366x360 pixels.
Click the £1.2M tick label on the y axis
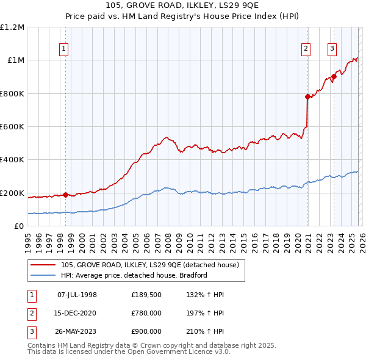[12, 27]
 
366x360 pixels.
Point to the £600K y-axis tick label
[12, 127]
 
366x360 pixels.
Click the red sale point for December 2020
[307, 96]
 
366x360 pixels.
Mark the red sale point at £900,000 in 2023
[334, 77]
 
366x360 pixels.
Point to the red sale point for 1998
[66, 195]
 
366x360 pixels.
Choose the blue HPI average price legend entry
[134, 275]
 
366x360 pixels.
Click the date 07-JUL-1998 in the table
[77, 295]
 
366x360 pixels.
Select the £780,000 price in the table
[146, 313]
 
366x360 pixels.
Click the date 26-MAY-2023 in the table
[77, 331]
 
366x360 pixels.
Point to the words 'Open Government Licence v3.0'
[182, 352]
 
